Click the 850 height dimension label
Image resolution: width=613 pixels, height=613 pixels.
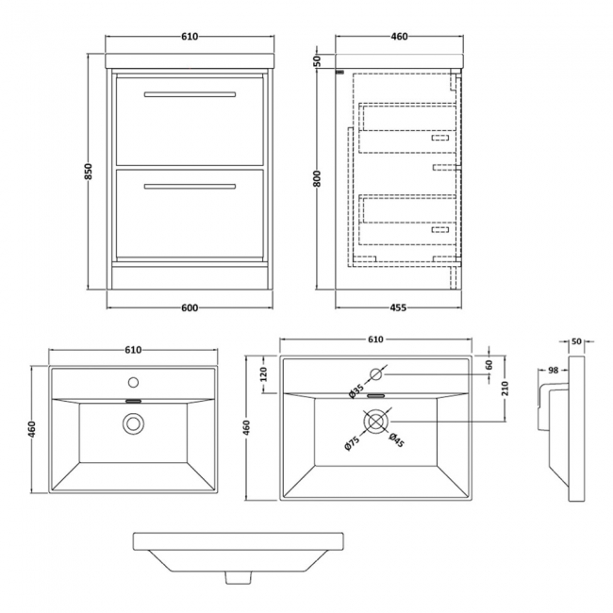[x=89, y=172]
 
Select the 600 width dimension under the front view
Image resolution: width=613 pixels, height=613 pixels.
[x=190, y=306]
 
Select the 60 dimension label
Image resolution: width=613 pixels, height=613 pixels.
[x=489, y=365]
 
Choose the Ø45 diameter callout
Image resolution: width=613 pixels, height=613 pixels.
[x=397, y=441]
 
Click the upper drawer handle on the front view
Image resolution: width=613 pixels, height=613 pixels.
[x=190, y=94]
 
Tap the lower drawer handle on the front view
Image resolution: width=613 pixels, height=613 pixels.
[x=190, y=186]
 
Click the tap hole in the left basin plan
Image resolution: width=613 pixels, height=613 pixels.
[x=133, y=383]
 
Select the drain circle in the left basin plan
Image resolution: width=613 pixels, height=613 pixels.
[x=133, y=423]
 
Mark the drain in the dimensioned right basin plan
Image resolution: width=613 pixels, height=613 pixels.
[x=375, y=423]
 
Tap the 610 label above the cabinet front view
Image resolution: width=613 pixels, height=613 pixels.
[x=190, y=37]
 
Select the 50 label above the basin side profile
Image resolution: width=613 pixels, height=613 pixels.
[x=576, y=341]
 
